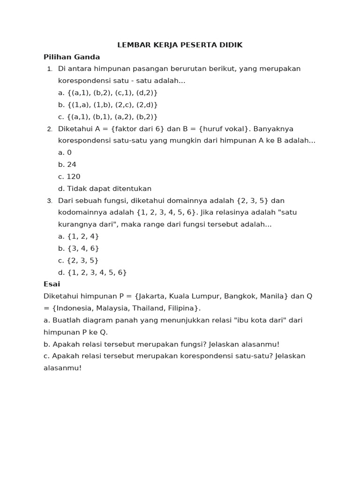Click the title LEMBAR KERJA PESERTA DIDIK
click(x=180, y=45)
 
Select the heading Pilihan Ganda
click(x=72, y=57)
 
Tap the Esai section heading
click(x=52, y=284)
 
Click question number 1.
click(x=50, y=69)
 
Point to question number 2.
click(x=50, y=129)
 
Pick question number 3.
click(x=50, y=201)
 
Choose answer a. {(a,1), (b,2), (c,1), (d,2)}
click(x=108, y=93)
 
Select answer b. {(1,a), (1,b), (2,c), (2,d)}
click(x=108, y=105)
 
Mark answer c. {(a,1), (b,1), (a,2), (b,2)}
click(x=108, y=117)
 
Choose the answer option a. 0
click(x=65, y=152)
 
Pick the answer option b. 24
click(x=67, y=165)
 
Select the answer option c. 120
click(x=69, y=177)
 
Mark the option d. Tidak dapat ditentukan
click(x=105, y=188)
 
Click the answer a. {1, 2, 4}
click(x=78, y=236)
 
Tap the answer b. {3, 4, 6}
click(x=78, y=248)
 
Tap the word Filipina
click(x=182, y=308)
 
